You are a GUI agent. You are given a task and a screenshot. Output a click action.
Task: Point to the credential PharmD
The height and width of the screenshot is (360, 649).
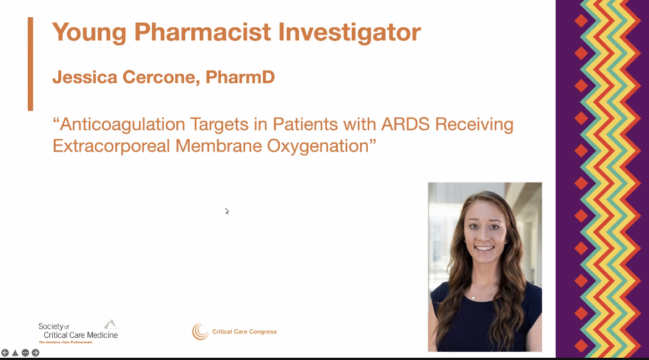[x=240, y=77]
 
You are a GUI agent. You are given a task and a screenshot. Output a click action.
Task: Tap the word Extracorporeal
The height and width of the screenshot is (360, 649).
[x=111, y=145]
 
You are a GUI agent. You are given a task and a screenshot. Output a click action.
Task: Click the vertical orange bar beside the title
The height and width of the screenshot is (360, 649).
[x=31, y=64]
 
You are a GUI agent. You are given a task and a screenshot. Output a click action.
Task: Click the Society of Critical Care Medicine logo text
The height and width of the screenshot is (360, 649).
[x=78, y=331]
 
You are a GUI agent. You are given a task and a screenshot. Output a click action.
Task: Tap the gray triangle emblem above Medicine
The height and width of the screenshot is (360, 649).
[x=111, y=324]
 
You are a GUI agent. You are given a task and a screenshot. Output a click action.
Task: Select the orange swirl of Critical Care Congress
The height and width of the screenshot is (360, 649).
[x=200, y=332]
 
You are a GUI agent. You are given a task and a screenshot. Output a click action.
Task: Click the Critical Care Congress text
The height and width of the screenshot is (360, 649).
[x=244, y=332]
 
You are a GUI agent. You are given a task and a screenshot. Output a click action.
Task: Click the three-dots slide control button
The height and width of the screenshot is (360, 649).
[x=25, y=353]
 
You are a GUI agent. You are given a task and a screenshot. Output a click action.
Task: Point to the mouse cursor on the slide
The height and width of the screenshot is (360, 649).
[x=227, y=211]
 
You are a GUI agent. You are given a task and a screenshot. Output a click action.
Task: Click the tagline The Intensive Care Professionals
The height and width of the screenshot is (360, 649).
[x=65, y=342]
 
